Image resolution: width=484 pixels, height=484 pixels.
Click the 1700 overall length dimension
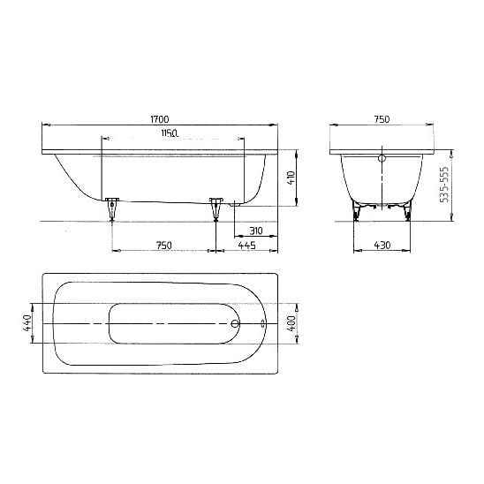coord(160,119)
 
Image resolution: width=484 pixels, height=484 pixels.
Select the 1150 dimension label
coord(170,133)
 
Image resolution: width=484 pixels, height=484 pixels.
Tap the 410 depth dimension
coord(291,178)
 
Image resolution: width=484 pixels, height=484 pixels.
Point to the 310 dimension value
coord(256,231)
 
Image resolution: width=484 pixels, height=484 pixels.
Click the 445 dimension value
coord(247,246)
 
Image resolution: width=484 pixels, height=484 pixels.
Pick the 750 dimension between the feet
coord(163,246)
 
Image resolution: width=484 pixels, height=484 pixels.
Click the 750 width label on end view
coord(382,119)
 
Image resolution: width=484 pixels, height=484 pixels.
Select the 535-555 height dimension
coord(444,185)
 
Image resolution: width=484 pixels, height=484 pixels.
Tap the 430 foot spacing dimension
coord(382,246)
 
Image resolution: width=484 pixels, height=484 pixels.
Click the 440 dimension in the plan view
coord(27,323)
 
